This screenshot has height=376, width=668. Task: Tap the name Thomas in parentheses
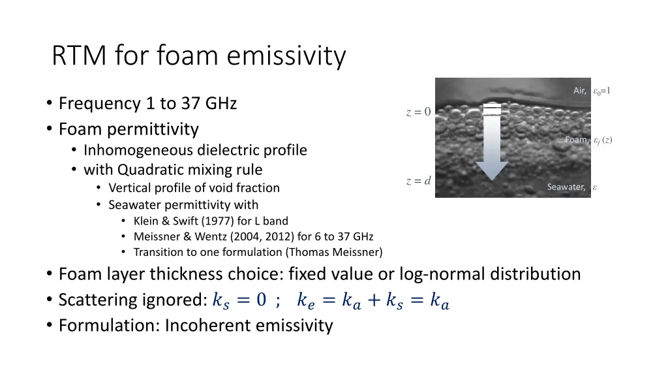point(314,252)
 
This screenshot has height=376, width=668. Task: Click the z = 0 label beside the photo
point(418,112)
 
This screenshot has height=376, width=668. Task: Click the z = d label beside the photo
point(418,181)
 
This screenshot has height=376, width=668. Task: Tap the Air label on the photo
point(579,91)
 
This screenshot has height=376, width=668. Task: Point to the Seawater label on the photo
point(566,187)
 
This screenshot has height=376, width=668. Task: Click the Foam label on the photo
point(576,140)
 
